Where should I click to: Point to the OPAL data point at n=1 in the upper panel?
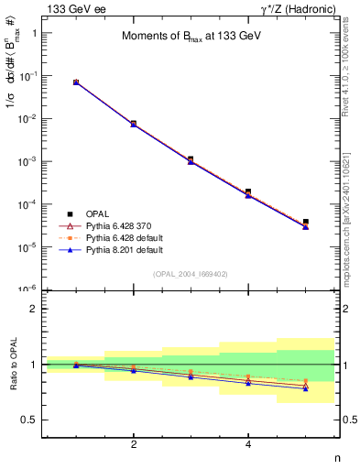tap(76, 82)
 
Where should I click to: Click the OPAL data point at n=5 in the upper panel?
tap(305, 222)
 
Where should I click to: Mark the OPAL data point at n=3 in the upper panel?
tap(191, 159)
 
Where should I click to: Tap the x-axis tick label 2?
tap(134, 444)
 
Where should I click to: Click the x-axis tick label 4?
tap(248, 444)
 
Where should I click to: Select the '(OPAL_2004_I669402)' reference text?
tap(191, 273)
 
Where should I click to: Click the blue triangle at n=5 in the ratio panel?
tap(305, 387)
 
